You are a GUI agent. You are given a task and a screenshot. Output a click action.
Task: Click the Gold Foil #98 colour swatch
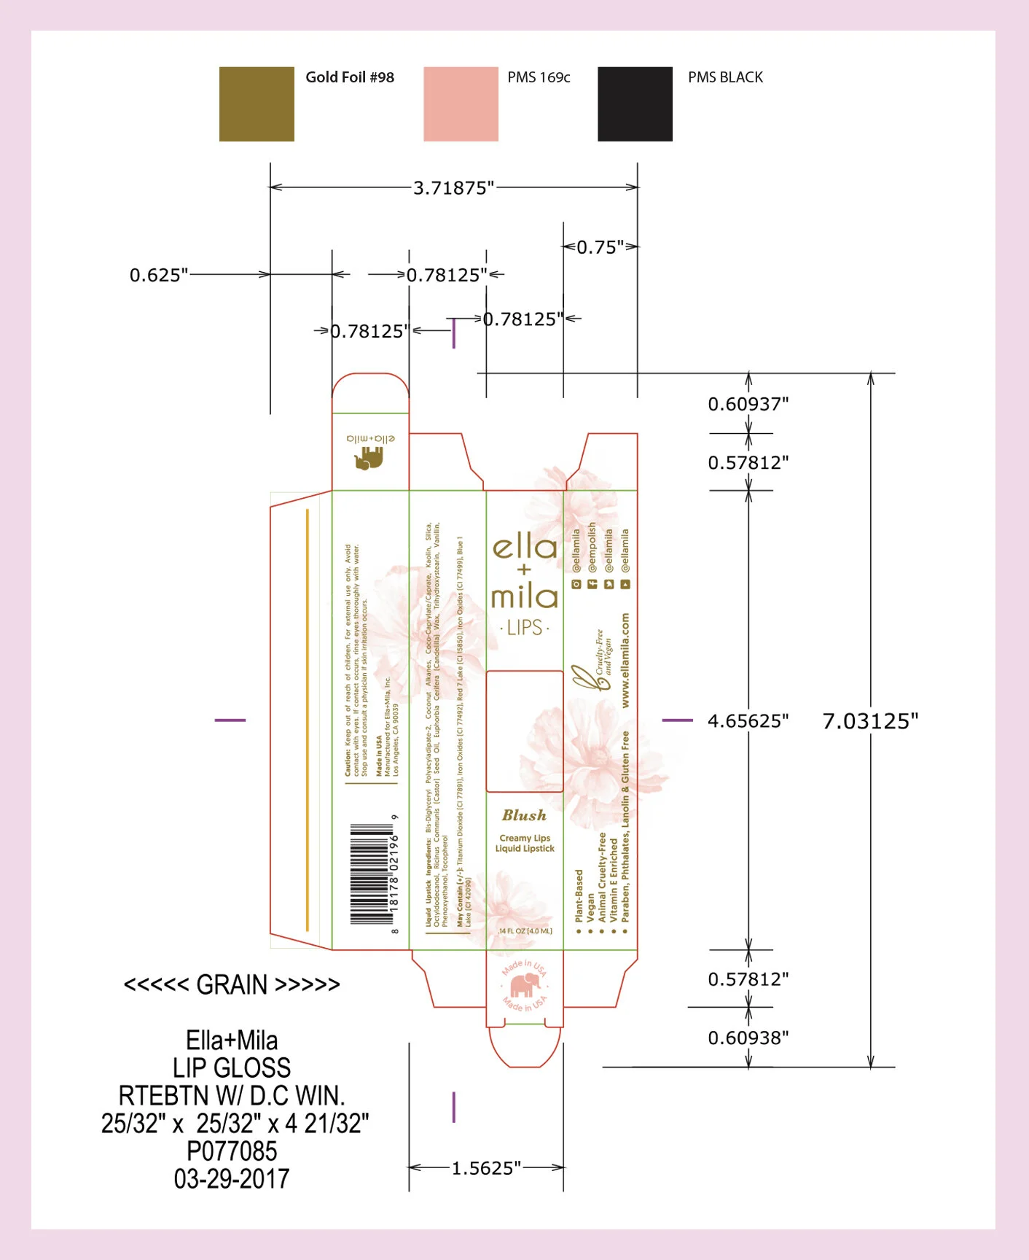pos(257,104)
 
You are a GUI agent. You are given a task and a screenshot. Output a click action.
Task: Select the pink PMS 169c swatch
pos(461,104)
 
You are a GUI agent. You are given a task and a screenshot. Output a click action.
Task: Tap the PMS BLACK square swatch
pos(635,104)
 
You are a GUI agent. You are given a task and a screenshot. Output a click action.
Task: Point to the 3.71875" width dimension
pos(453,188)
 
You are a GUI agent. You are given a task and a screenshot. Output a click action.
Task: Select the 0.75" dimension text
pos(600,247)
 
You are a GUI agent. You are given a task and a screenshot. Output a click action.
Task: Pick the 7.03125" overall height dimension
pos(870,721)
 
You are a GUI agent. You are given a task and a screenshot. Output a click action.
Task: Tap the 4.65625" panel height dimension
pos(748,721)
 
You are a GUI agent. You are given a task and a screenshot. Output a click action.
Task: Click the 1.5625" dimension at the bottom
pos(486,1168)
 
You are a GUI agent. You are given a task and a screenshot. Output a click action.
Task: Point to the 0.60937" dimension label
pos(748,404)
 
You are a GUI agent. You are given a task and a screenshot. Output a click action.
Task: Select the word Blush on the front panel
pos(524,815)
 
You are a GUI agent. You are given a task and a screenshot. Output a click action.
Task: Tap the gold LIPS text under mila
pos(525,628)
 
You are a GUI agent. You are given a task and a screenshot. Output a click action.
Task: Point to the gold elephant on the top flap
pos(369,459)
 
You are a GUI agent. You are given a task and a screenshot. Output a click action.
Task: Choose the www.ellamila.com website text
pos(625,660)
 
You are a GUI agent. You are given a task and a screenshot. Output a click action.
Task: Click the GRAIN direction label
pos(232,985)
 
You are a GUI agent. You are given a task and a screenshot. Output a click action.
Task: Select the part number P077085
pos(232,1151)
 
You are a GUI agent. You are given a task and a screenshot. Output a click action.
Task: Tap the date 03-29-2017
pos(232,1179)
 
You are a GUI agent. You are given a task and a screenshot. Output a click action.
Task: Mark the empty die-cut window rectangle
pos(524,731)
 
